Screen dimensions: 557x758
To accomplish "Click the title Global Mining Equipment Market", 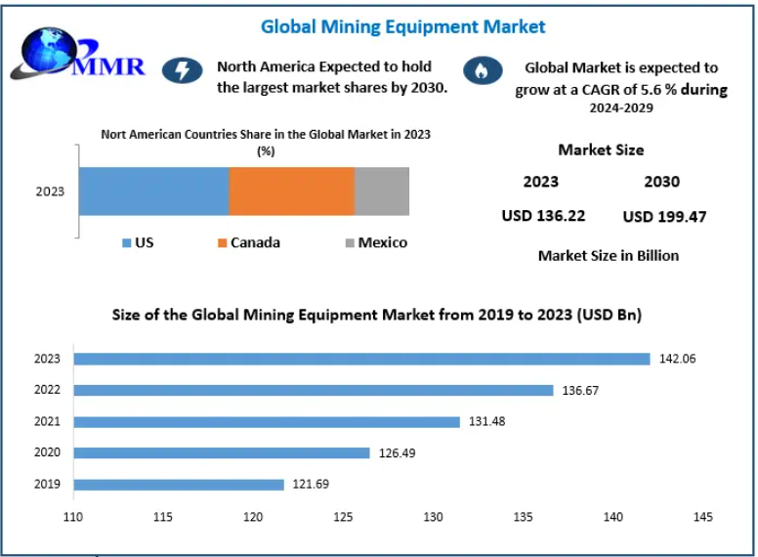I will (x=403, y=26).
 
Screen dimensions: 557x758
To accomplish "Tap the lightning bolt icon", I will (x=182, y=69).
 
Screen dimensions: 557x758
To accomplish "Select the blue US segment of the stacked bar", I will (x=153, y=191).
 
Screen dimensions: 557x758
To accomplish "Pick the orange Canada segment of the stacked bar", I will (x=291, y=191).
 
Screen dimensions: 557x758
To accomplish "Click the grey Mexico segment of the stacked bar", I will (x=382, y=191).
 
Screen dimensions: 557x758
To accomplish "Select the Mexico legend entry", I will (x=375, y=242).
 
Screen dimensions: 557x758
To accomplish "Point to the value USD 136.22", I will (x=543, y=216).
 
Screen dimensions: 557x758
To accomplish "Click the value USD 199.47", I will (x=664, y=216).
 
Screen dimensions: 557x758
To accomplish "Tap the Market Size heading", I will (x=601, y=150).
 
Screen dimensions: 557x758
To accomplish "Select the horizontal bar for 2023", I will (x=361, y=359).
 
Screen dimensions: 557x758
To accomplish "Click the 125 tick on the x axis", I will (x=343, y=517).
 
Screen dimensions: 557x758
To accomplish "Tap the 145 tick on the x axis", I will (x=702, y=517).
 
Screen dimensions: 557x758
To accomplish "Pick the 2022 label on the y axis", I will (x=47, y=390).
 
